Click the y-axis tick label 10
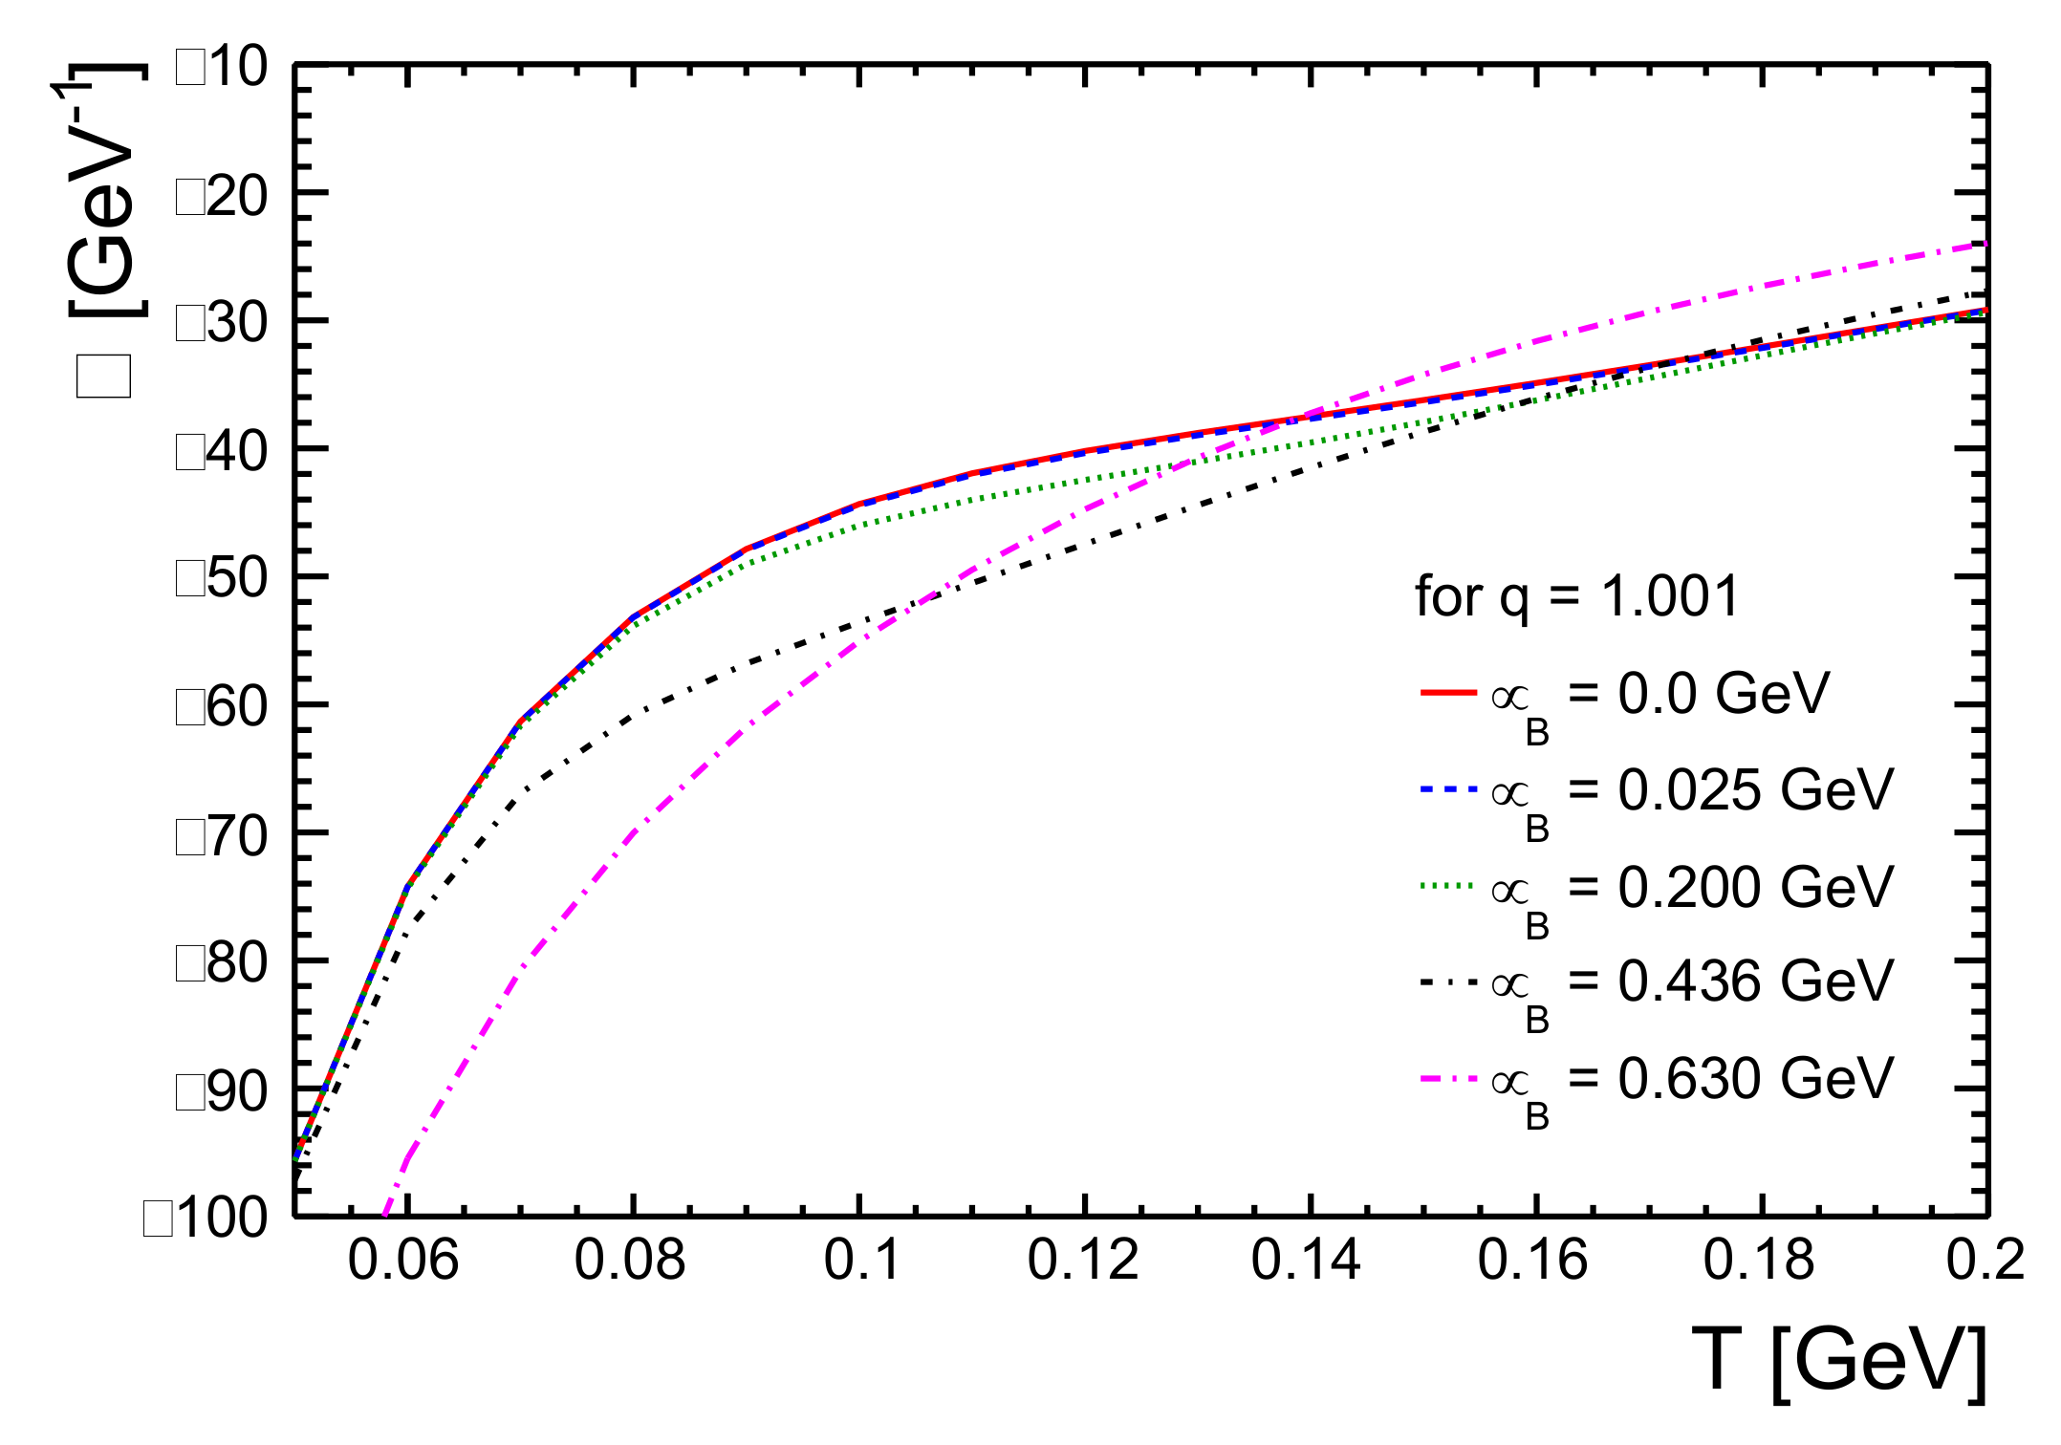[x=223, y=68]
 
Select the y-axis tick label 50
[x=223, y=578]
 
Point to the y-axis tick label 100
[x=206, y=1219]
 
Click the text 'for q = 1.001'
[x=1576, y=597]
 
